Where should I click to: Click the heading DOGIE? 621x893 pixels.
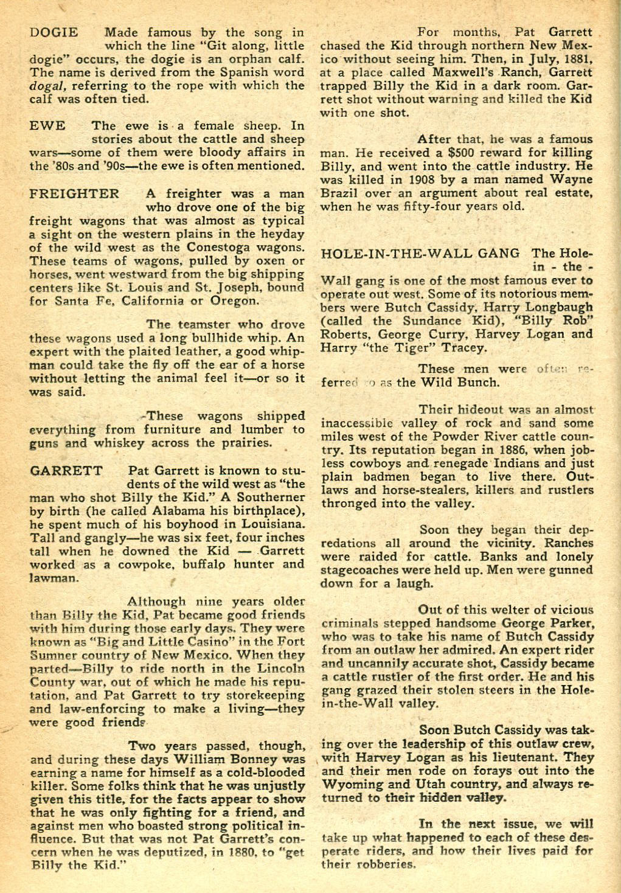click(x=54, y=33)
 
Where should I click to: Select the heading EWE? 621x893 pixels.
click(x=47, y=126)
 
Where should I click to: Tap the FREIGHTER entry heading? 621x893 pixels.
click(x=74, y=194)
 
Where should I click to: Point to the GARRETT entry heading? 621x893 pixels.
click(x=66, y=471)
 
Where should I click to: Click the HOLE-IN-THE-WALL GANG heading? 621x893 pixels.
click(x=420, y=254)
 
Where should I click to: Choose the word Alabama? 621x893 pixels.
click(x=189, y=511)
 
